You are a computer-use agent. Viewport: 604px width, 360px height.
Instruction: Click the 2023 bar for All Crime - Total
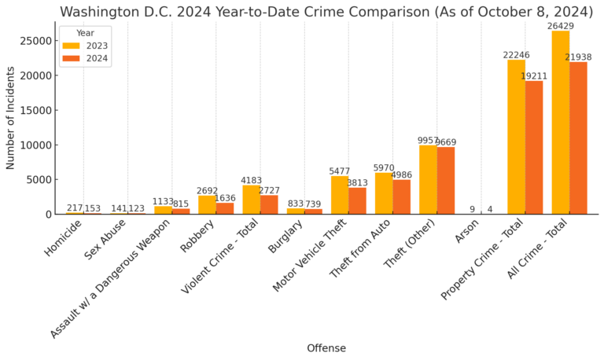point(561,122)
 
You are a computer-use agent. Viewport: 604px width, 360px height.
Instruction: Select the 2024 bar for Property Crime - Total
point(534,147)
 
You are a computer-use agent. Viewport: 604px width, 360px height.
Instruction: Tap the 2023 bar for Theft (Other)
point(428,179)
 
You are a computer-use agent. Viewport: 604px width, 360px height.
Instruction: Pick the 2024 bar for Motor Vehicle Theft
point(357,200)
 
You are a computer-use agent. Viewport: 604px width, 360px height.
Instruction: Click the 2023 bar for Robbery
point(207,204)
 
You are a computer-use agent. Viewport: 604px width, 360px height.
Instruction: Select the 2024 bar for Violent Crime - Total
point(269,204)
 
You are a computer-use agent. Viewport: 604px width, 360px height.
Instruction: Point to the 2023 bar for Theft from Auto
point(384,193)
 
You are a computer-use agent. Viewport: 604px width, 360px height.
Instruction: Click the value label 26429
point(561,26)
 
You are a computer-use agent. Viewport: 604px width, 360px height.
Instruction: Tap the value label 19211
point(534,76)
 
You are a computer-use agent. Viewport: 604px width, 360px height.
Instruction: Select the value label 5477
point(340,171)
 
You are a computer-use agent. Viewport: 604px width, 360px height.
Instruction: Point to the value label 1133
point(163,201)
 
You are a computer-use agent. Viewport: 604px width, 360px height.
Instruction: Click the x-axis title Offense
point(326,348)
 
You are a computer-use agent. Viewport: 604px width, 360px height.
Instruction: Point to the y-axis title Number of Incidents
point(11,118)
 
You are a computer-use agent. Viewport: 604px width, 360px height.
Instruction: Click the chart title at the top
point(326,11)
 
